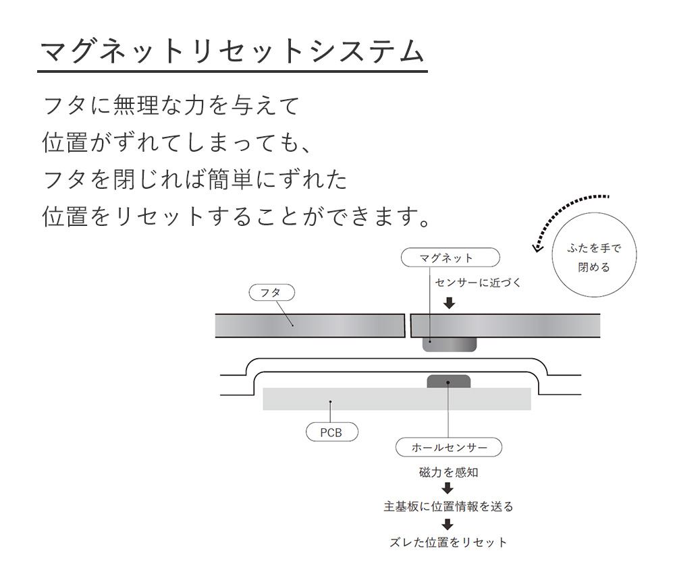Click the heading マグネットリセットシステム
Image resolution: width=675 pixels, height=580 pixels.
[x=232, y=51]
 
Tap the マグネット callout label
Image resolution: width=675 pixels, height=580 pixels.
[x=450, y=258]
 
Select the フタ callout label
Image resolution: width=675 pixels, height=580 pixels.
[x=271, y=293]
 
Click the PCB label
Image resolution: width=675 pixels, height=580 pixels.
[x=332, y=432]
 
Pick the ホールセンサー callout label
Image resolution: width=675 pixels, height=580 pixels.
[x=449, y=447]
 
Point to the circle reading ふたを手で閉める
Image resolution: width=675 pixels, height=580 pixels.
[x=594, y=255]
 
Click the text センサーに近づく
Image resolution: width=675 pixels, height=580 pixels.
[x=478, y=283]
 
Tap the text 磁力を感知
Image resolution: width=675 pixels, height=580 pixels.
[x=449, y=473]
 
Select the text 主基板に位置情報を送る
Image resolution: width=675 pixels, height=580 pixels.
[x=449, y=506]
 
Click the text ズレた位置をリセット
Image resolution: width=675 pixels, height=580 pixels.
[x=449, y=542]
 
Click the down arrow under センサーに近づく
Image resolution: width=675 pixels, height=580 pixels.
[x=450, y=303]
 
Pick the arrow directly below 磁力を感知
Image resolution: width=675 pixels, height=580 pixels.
[x=448, y=488]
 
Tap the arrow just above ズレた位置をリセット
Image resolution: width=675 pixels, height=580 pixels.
[x=448, y=524]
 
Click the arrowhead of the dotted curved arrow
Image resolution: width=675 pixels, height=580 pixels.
[x=536, y=248]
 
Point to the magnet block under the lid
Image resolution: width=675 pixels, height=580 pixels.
[x=450, y=345]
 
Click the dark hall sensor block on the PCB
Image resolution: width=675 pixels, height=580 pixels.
[x=449, y=382]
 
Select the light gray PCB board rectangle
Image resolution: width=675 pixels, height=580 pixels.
[x=396, y=399]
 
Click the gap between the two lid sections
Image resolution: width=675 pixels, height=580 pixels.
[x=408, y=326]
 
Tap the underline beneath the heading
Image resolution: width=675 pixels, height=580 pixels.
[x=232, y=71]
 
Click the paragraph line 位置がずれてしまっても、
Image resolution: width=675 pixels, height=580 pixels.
[x=176, y=142]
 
